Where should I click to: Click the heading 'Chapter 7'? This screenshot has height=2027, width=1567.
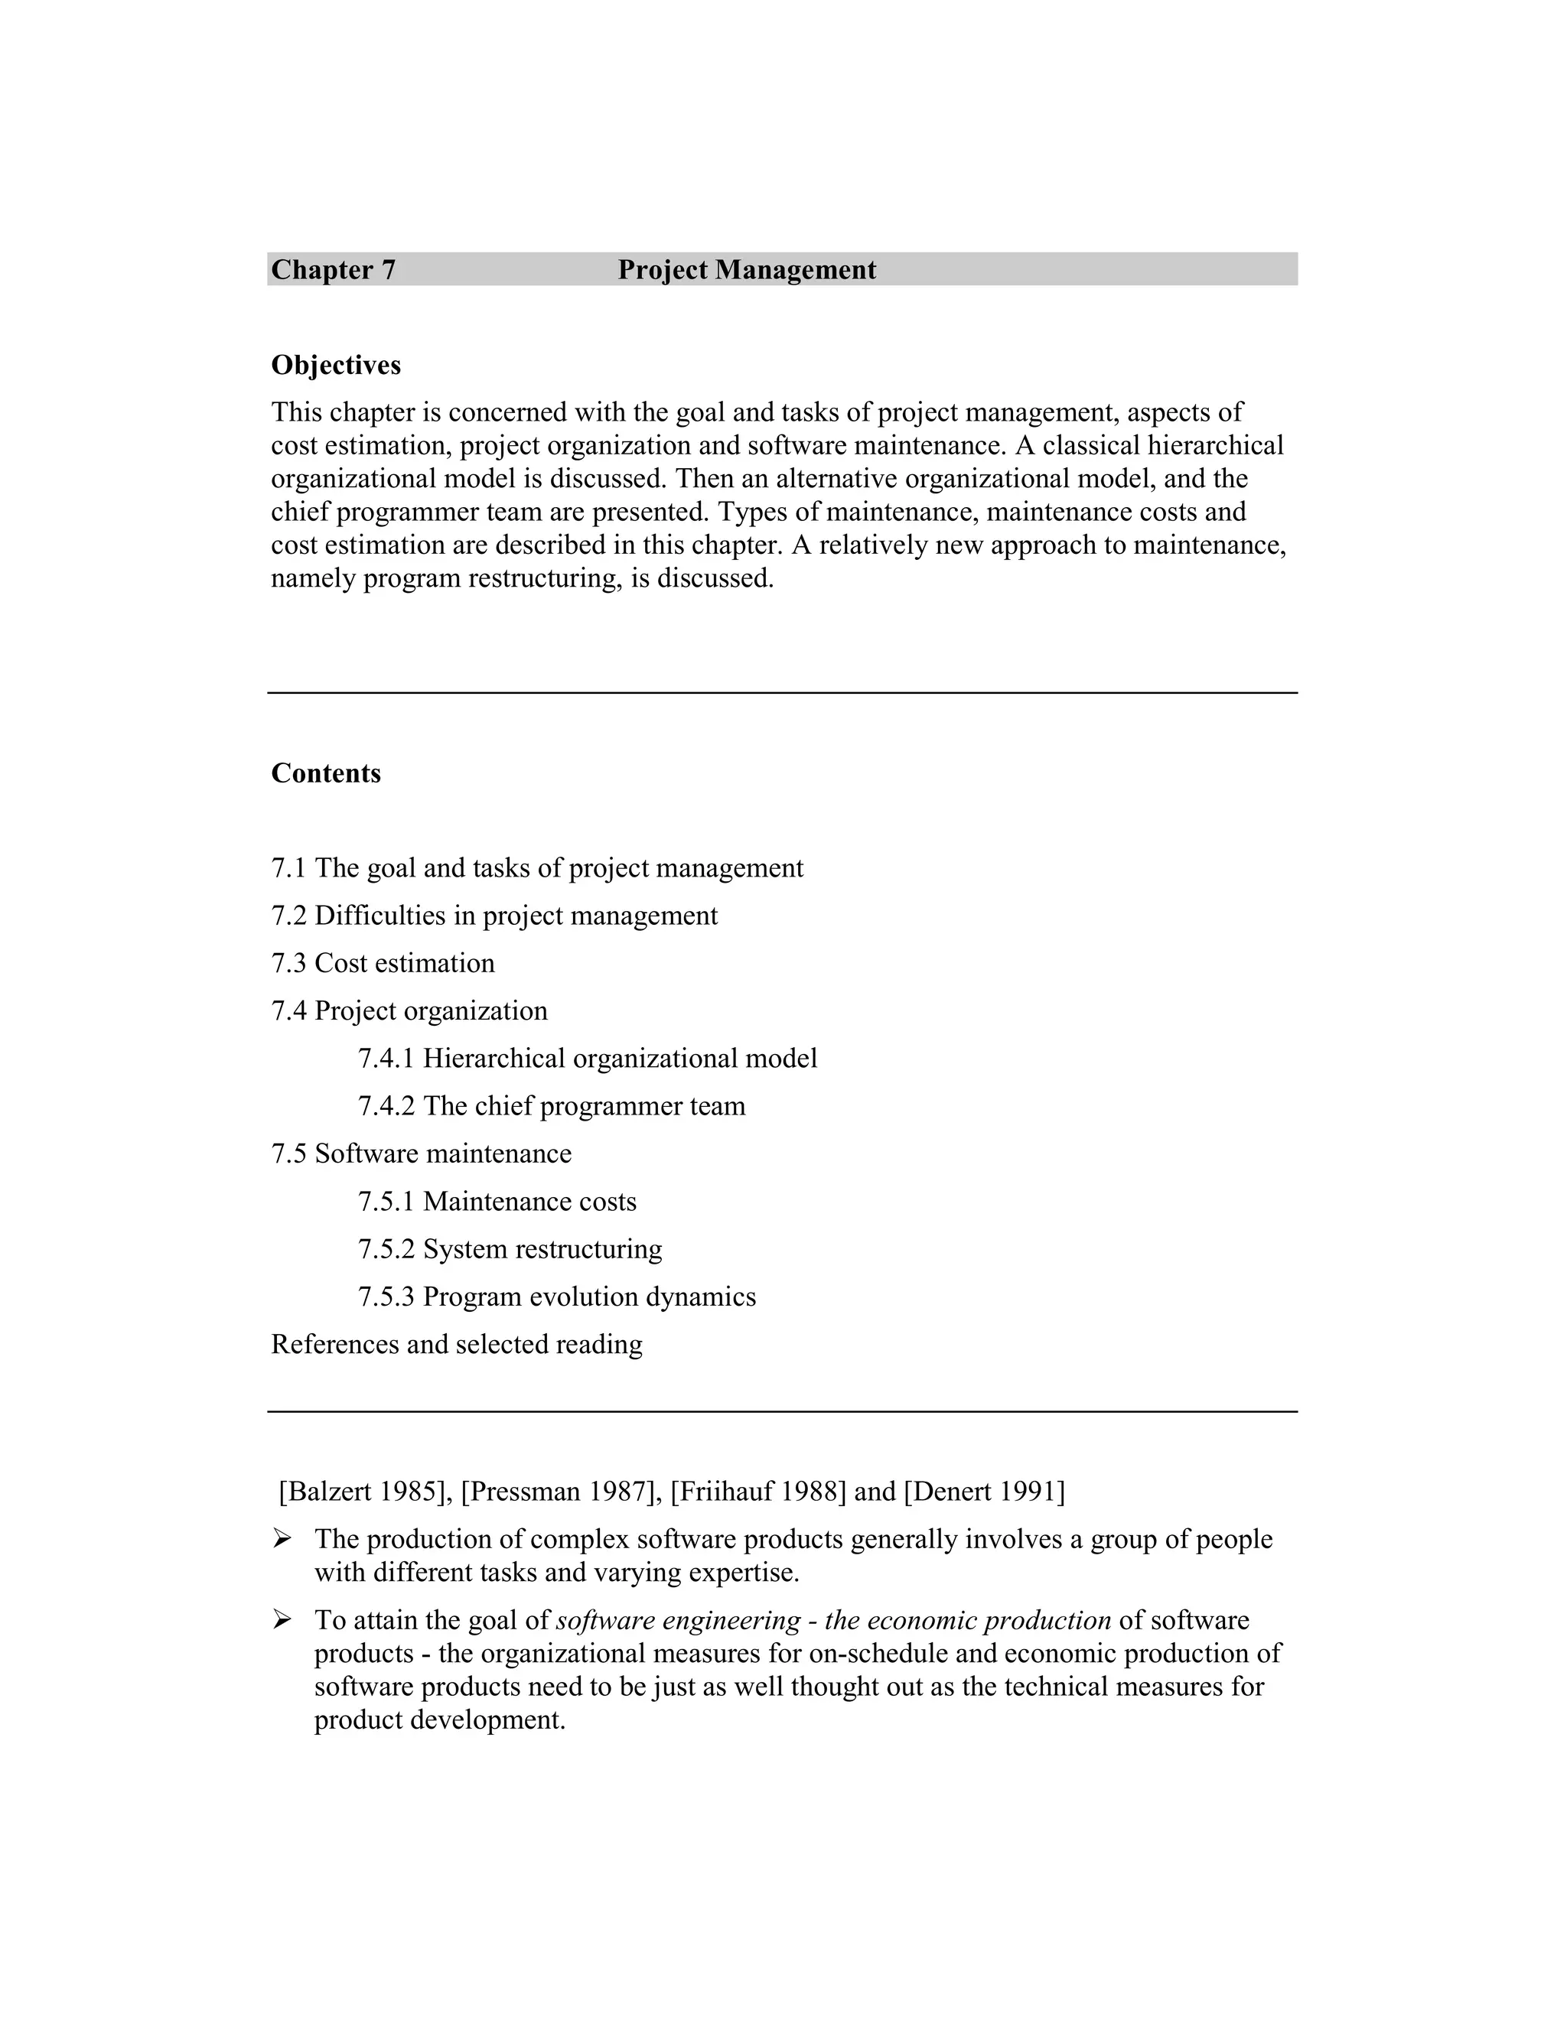tap(334, 270)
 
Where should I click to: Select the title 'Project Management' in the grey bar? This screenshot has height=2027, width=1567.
tap(746, 270)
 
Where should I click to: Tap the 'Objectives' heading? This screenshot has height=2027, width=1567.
tap(336, 366)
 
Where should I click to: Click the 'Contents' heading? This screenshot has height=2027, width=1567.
tap(326, 774)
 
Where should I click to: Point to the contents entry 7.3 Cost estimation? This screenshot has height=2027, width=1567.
tap(383, 963)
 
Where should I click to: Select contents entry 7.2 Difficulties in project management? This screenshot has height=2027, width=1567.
tap(494, 916)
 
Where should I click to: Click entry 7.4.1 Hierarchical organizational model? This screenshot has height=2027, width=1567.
tap(588, 1059)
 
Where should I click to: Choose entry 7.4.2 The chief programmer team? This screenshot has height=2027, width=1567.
tap(552, 1106)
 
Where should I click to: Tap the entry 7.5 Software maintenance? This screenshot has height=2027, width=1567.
tap(422, 1153)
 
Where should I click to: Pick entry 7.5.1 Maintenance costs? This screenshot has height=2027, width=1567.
tap(497, 1202)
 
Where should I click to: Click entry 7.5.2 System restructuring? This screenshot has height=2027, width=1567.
tap(510, 1249)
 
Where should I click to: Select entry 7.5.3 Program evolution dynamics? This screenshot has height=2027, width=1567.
tap(557, 1297)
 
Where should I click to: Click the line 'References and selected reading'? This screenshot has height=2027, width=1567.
tap(457, 1345)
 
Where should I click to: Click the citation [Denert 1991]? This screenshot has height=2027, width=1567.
tap(984, 1492)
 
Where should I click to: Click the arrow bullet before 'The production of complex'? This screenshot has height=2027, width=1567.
tap(282, 1540)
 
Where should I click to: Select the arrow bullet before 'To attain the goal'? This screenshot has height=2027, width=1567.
tap(282, 1621)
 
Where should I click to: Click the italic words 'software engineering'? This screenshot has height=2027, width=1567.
tap(678, 1621)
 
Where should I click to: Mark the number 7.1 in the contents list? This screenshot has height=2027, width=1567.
tap(288, 869)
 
